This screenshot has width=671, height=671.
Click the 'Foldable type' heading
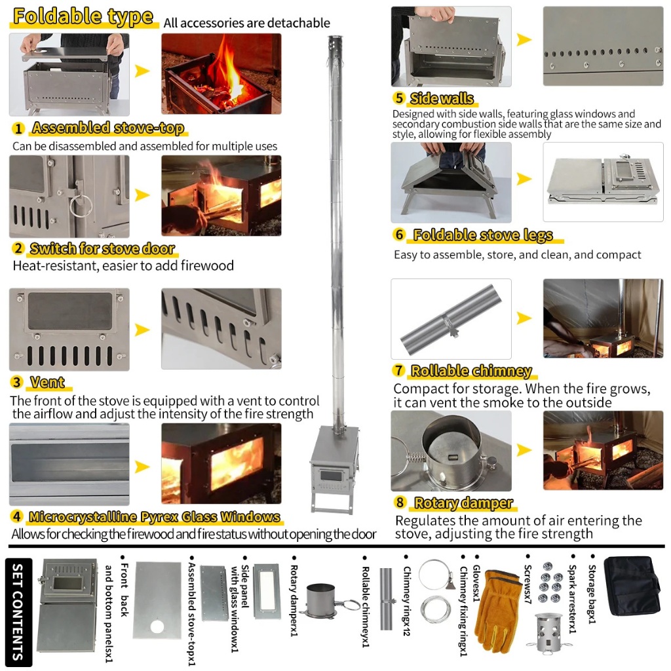coord(83,17)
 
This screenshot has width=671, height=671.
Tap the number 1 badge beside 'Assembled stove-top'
coord(19,128)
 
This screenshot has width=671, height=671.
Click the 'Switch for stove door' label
coord(102,249)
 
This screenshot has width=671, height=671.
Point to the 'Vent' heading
coord(47,382)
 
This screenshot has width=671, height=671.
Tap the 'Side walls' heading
coord(442,99)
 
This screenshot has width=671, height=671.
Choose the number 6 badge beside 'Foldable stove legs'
coord(400,235)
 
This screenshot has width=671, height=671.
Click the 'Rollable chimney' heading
coord(470,371)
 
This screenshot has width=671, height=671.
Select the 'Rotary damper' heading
coord(463,503)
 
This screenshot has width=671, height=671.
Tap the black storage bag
coord(632,586)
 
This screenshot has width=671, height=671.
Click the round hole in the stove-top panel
coord(157,626)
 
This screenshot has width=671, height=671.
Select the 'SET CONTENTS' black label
coord(18,611)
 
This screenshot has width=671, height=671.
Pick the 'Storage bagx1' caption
coord(592,594)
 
